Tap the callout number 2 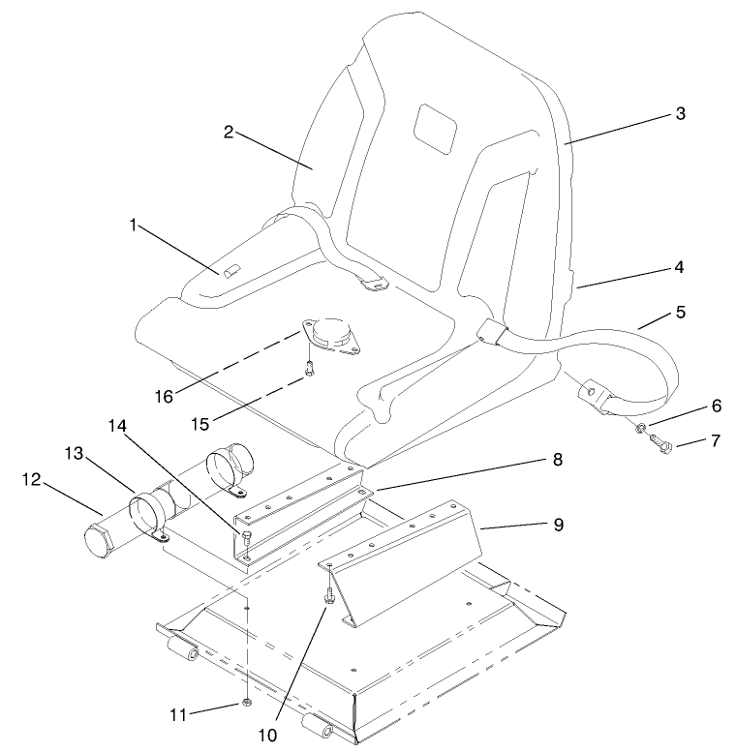pyautogui.click(x=229, y=132)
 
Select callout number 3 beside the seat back pyautogui.click(x=680, y=113)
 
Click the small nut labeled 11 pyautogui.click(x=248, y=701)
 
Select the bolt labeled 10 pyautogui.click(x=330, y=594)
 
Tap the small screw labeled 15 pyautogui.click(x=308, y=367)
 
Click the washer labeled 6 pyautogui.click(x=642, y=427)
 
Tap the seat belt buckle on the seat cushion pyautogui.click(x=375, y=284)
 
